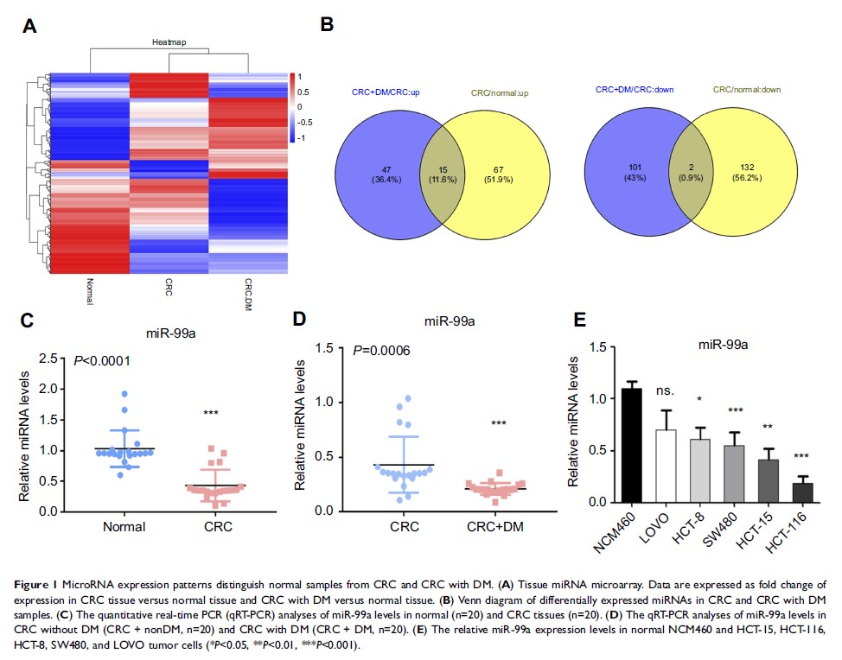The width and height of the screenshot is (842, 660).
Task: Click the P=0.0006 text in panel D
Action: click(x=386, y=350)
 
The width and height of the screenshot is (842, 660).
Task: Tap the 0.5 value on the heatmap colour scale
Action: click(x=303, y=91)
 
